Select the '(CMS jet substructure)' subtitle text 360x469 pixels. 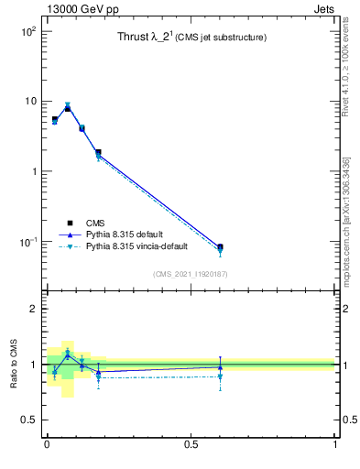[222, 38]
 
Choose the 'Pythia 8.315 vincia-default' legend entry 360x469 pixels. [146, 246]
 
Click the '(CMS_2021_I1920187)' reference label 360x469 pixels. [191, 273]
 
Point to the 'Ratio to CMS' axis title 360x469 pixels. [15, 364]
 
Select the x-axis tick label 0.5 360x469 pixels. [191, 444]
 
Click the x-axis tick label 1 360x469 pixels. [335, 444]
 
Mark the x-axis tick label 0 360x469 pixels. [46, 444]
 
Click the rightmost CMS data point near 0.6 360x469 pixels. [220, 247]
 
